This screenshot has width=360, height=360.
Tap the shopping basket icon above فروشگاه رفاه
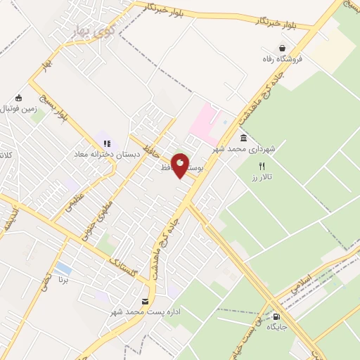[282, 49]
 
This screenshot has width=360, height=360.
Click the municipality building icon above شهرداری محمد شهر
[243, 138]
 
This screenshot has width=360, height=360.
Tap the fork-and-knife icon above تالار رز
[262, 167]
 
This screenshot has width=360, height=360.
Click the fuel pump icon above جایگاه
[276, 316]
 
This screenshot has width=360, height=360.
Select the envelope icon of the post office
[145, 302]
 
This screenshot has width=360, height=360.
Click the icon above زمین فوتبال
[18, 98]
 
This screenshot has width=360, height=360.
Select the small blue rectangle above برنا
[63, 268]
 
